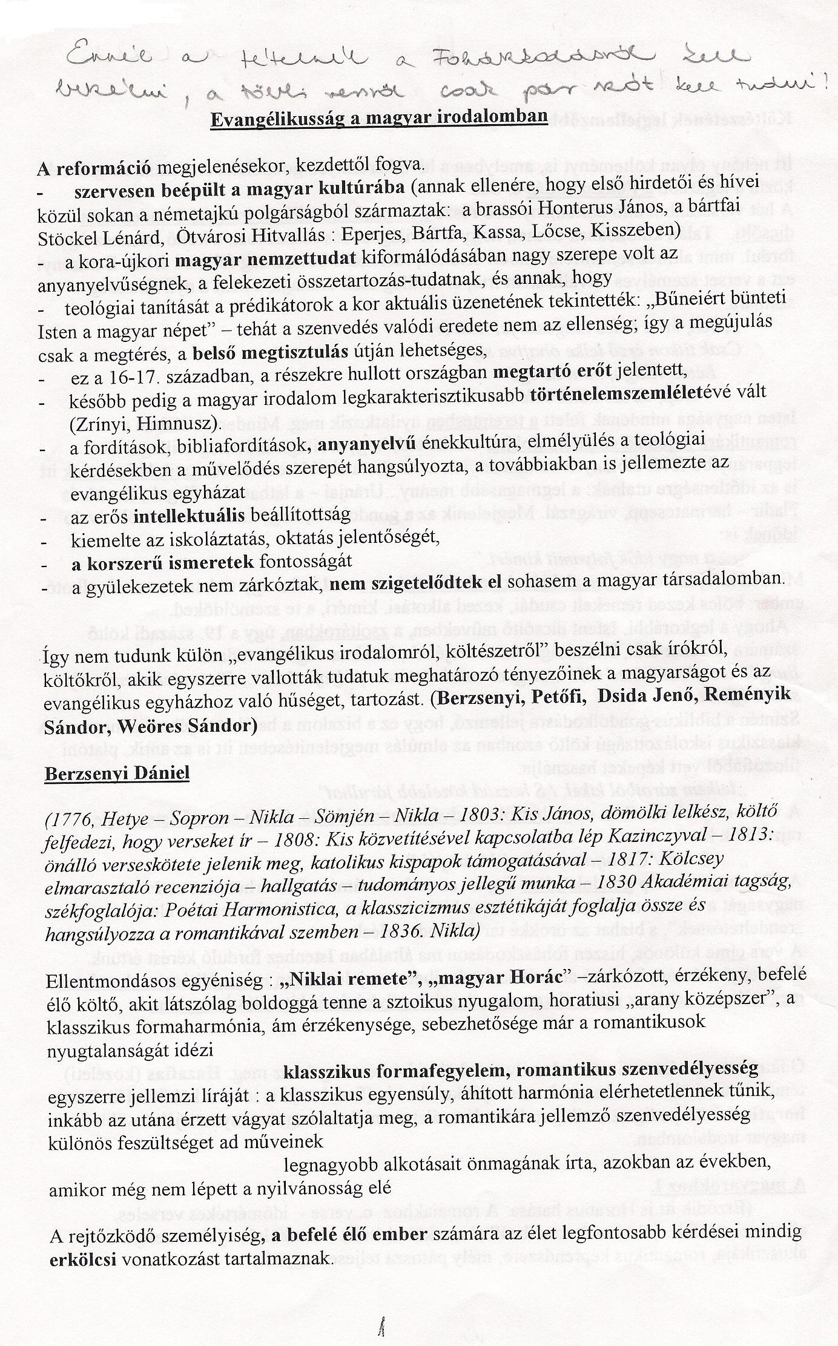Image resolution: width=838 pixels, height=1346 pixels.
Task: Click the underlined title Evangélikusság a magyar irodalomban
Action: click(x=378, y=117)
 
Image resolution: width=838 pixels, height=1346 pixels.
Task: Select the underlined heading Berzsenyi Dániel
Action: click(x=117, y=773)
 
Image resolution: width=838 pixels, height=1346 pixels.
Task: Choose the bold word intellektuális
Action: click(x=189, y=515)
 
